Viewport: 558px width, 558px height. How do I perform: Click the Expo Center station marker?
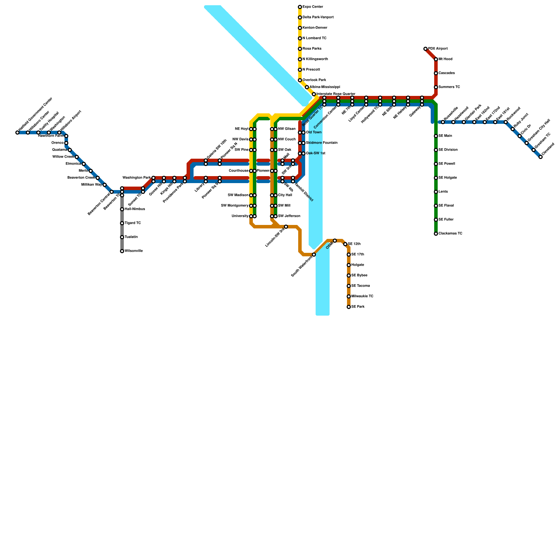[300, 7]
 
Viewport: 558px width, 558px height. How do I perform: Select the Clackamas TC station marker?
[436, 234]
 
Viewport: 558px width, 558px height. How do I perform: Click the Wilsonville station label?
[134, 251]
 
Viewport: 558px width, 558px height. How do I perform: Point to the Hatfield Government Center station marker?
[17, 133]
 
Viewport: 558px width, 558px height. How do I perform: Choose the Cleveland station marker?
[541, 157]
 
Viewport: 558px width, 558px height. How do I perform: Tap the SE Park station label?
[358, 307]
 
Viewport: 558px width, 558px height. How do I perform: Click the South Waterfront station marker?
[314, 255]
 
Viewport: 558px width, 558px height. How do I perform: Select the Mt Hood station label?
[445, 59]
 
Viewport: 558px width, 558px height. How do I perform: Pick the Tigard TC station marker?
[122, 223]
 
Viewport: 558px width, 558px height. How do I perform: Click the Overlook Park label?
[314, 80]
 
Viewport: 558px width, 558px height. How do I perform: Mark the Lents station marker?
[436, 192]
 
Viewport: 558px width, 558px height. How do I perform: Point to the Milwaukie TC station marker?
[349, 296]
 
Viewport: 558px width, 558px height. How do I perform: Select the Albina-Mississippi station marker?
[307, 87]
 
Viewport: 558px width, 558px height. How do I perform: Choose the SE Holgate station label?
[447, 178]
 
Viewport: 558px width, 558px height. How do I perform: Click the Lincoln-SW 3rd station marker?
[286, 227]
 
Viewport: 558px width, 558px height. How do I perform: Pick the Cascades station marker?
[436, 73]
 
